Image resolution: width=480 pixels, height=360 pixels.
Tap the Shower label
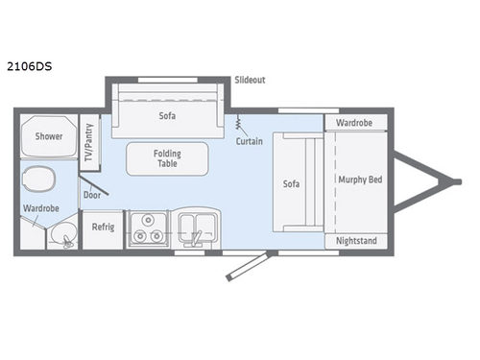coord(49,136)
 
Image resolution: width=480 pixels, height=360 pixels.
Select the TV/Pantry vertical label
coord(89,142)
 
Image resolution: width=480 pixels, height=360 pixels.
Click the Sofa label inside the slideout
coord(168,115)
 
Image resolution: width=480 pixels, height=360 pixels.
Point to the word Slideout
coord(251,80)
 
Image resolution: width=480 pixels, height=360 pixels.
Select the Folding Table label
coord(167,159)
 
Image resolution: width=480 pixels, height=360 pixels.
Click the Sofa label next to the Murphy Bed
coord(293,182)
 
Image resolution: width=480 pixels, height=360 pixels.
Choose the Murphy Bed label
coord(359,180)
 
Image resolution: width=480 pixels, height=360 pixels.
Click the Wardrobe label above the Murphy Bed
coord(355,123)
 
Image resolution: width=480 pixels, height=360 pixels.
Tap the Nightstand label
coord(355,241)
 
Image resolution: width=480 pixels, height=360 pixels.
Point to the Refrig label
coord(103,228)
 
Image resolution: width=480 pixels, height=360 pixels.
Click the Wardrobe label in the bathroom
coord(40,207)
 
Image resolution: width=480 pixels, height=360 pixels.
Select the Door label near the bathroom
coord(92,194)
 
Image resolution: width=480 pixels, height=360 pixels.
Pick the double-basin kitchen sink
coord(195,228)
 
